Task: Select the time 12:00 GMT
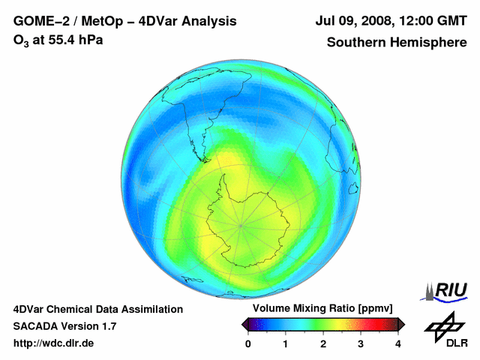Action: pos(433,22)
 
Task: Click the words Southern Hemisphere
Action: pos(396,43)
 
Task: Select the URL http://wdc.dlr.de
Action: pos(54,343)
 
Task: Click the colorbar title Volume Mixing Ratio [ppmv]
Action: pos(322,309)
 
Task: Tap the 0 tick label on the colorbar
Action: pos(248,344)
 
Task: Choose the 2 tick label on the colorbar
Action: pos(323,344)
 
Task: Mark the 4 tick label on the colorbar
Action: pos(398,344)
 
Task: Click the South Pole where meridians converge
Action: pos(241,223)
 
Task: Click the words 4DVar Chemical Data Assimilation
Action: pos(97,309)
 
